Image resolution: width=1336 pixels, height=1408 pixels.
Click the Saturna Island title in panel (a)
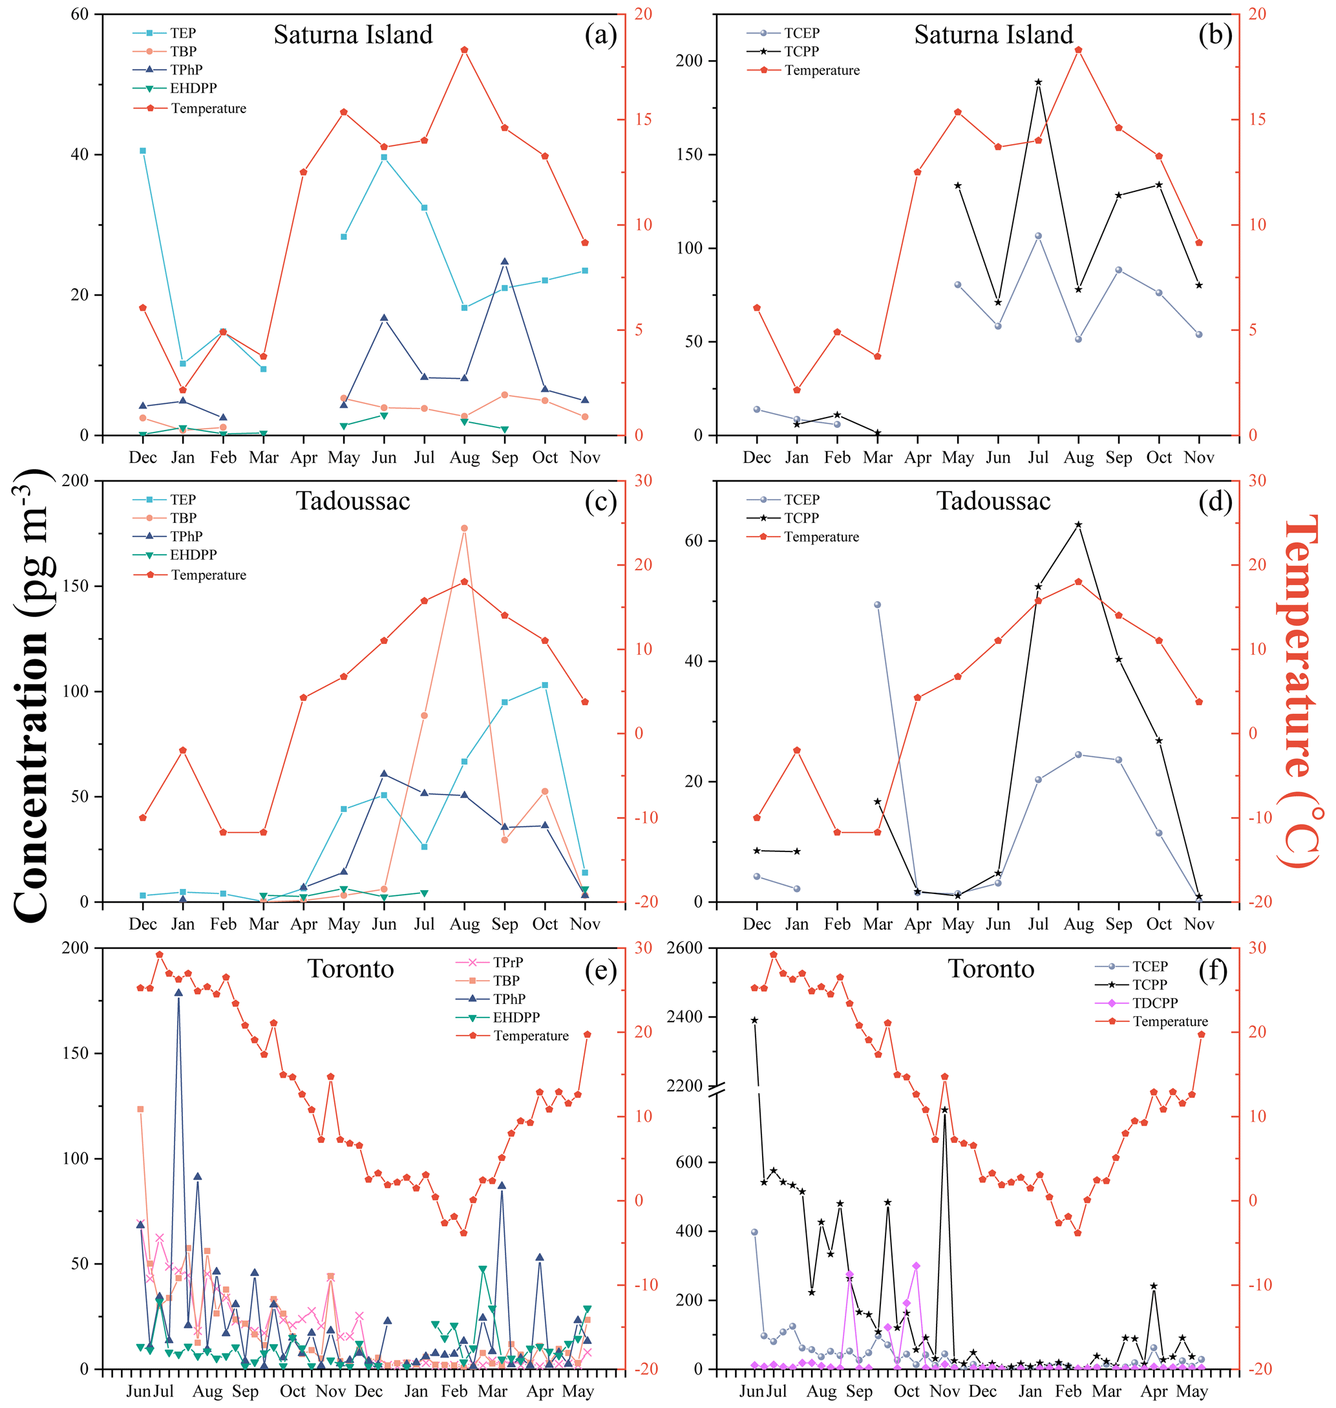tap(352, 35)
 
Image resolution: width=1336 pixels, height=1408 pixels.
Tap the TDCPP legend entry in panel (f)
tap(1155, 1003)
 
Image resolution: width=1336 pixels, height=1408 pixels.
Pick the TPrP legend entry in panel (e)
tap(508, 962)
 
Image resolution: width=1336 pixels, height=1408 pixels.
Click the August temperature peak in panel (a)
tap(464, 50)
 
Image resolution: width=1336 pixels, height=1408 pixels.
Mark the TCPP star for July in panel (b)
tap(1038, 83)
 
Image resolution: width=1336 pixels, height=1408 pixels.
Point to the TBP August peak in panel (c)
tap(464, 528)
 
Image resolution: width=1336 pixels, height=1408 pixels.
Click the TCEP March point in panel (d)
tap(877, 604)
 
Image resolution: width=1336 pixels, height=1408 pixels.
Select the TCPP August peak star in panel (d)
tap(1078, 525)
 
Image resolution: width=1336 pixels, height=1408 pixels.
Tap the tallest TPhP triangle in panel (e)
tap(179, 993)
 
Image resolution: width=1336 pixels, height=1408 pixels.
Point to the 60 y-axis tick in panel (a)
tap(79, 14)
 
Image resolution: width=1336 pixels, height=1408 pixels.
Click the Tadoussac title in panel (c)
tap(352, 502)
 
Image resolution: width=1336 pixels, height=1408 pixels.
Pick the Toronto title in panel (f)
tap(991, 969)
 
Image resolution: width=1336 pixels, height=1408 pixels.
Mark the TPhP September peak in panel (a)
tap(505, 262)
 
